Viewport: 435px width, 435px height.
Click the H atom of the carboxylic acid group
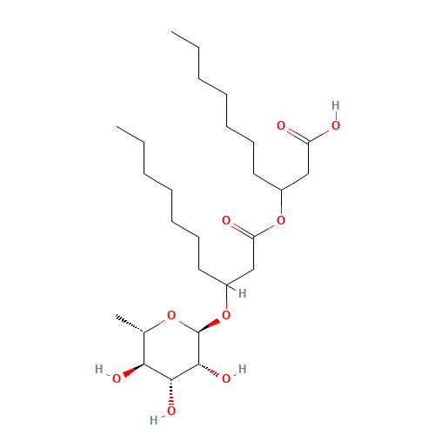click(336, 105)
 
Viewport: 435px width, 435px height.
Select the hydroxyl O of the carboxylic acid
click(336, 125)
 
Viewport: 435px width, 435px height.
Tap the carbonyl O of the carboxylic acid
click(281, 125)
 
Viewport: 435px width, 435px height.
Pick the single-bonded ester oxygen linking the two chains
click(281, 220)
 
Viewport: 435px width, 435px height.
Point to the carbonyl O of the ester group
click(226, 220)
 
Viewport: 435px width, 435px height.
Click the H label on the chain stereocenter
click(243, 293)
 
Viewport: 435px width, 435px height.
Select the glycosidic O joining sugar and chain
click(226, 315)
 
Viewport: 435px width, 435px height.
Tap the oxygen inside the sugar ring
click(171, 315)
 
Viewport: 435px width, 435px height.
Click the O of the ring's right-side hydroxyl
click(226, 378)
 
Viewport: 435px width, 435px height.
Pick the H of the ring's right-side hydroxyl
click(243, 369)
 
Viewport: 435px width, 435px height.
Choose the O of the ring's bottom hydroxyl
click(171, 411)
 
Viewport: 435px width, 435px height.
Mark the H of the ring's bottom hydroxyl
click(154, 420)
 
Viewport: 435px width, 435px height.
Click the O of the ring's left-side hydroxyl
click(117, 378)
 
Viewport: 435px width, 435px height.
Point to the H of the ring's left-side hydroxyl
click(99, 369)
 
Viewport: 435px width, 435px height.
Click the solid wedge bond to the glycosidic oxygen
click(209, 325)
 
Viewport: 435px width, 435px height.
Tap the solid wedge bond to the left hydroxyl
click(133, 371)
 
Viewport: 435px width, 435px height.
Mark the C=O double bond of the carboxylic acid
click(298, 136)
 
